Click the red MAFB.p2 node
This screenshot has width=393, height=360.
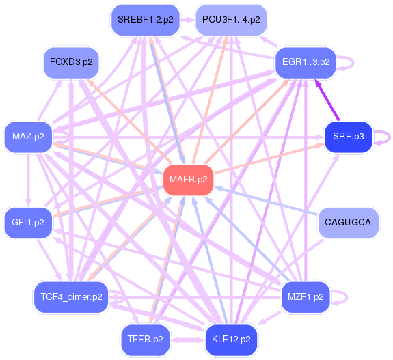(x=188, y=180)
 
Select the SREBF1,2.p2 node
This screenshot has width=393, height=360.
(x=146, y=20)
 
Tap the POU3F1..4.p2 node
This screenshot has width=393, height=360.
(x=231, y=20)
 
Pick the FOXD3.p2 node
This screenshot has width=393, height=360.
(x=71, y=62)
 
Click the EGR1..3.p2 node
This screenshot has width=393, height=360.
(x=306, y=62)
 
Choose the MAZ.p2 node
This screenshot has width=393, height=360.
(x=28, y=137)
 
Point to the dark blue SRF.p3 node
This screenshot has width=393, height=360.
(x=349, y=137)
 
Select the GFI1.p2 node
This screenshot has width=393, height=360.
(x=28, y=223)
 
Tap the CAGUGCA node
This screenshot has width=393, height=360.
(x=348, y=223)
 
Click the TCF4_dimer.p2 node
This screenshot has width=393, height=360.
(x=71, y=297)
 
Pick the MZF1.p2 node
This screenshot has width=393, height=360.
(x=306, y=297)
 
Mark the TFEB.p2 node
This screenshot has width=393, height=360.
(x=146, y=340)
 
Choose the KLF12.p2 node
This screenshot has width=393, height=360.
(x=231, y=340)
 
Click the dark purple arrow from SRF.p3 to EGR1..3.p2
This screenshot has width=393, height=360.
(x=327, y=100)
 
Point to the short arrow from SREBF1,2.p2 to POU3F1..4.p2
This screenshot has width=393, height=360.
(x=188, y=20)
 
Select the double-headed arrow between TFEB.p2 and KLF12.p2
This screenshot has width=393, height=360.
(x=187, y=340)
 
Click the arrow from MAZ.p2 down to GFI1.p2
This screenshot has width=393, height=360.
(x=28, y=180)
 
